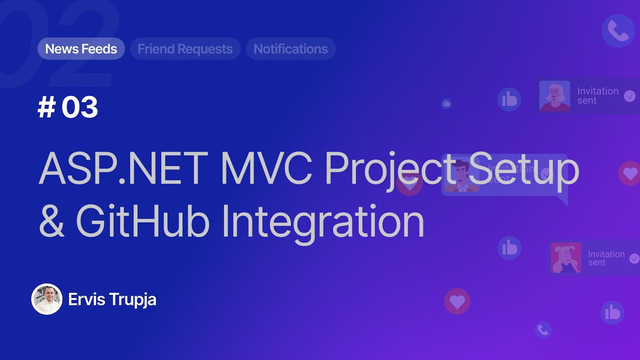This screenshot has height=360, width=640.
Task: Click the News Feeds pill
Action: (81, 49)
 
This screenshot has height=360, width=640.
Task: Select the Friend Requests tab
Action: (185, 49)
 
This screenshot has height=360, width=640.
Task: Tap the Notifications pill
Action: (290, 49)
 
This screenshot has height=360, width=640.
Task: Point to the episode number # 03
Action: (68, 107)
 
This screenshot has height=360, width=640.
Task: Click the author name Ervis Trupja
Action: (112, 299)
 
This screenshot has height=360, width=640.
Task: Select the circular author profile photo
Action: (47, 299)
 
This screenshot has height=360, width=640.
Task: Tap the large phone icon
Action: (618, 31)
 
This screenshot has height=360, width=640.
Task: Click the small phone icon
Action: (543, 329)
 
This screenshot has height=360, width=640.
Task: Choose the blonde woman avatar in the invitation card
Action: (554, 95)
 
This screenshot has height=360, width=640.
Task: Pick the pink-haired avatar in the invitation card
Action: (566, 258)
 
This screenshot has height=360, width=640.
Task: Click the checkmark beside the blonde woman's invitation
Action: (629, 96)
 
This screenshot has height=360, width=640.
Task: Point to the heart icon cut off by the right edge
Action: (629, 173)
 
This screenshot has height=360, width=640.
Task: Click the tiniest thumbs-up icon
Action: (446, 103)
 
